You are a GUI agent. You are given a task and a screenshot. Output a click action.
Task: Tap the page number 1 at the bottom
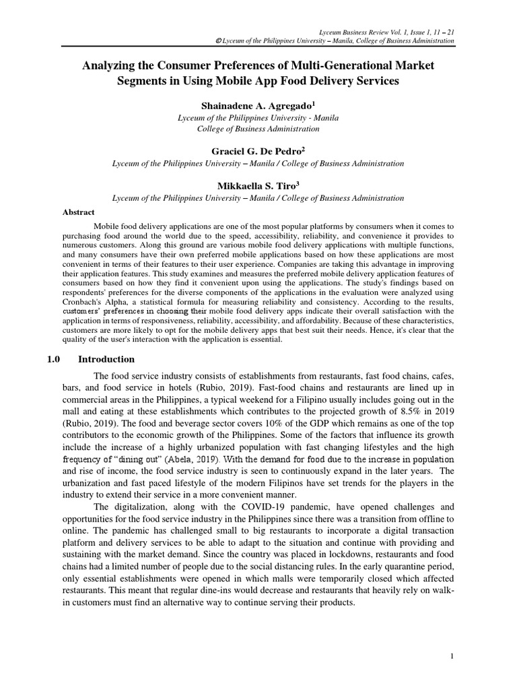[452, 656]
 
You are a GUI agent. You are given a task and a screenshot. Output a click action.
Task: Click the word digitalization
[146, 506]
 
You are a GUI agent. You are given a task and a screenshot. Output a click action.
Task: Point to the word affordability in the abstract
[285, 321]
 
